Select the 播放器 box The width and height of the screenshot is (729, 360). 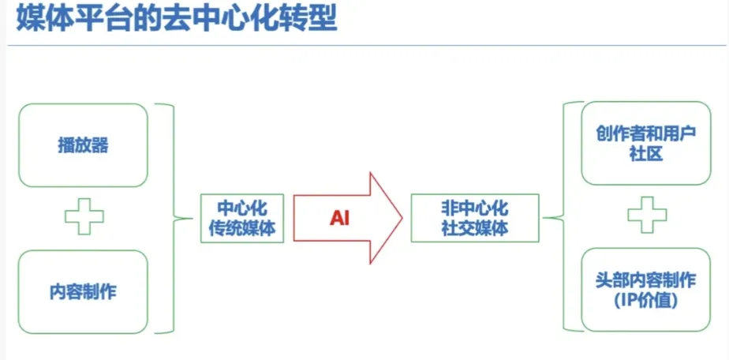tap(82, 145)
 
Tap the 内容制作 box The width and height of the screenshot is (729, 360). tap(82, 291)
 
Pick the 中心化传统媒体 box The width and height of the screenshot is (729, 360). tap(242, 218)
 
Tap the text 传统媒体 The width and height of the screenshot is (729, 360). tap(242, 228)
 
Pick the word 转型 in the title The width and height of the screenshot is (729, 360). tap(312, 18)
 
